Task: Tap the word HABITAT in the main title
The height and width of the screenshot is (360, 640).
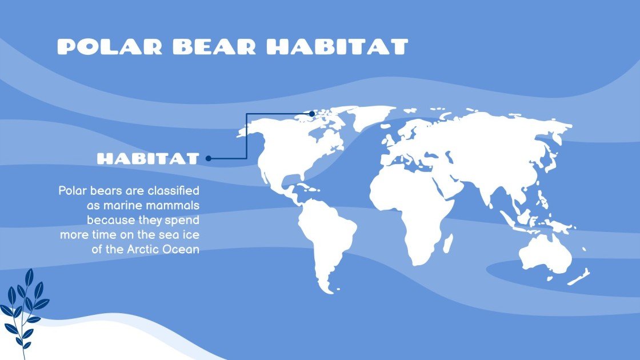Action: (x=338, y=47)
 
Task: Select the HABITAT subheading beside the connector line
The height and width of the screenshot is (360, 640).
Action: (x=148, y=159)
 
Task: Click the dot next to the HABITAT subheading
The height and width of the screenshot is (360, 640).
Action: (x=209, y=158)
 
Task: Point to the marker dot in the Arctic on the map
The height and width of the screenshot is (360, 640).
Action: (x=312, y=114)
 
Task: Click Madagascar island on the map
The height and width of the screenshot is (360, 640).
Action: (x=447, y=242)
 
